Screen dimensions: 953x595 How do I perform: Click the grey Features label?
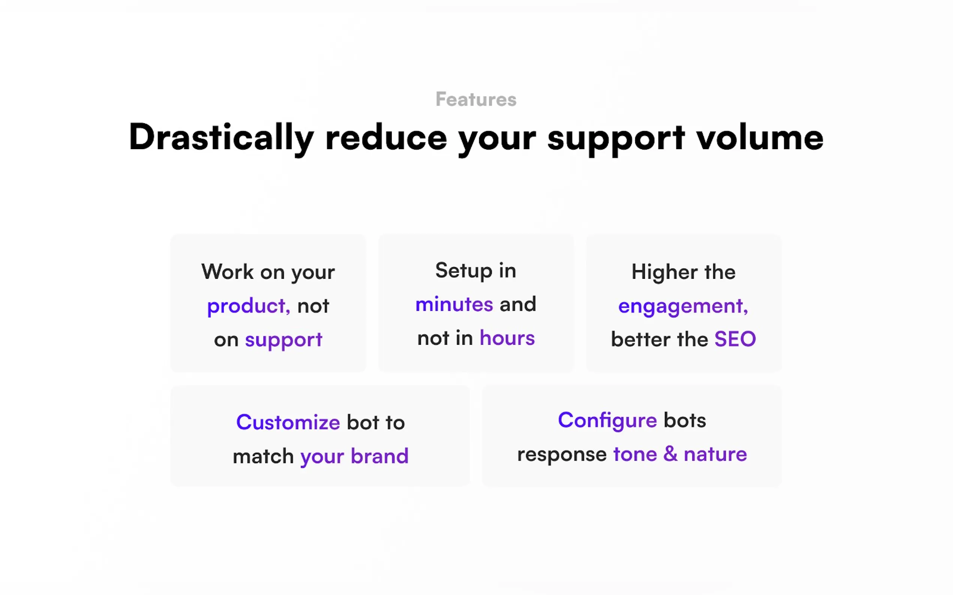point(476,99)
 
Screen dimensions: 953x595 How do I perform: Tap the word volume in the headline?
point(759,136)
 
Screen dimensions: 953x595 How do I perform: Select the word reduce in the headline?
point(386,136)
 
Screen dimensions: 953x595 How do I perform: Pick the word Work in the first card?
point(228,272)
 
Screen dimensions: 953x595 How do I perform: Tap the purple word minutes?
point(454,304)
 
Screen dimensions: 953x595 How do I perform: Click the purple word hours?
point(507,338)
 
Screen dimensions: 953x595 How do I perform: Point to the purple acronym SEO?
point(735,339)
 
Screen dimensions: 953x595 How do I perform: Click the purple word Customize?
point(288,422)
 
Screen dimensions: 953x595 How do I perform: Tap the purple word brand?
point(379,456)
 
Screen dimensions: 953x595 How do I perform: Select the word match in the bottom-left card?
point(263,456)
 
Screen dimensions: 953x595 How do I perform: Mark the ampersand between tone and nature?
point(670,454)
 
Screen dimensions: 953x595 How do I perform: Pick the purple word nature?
point(716,454)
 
